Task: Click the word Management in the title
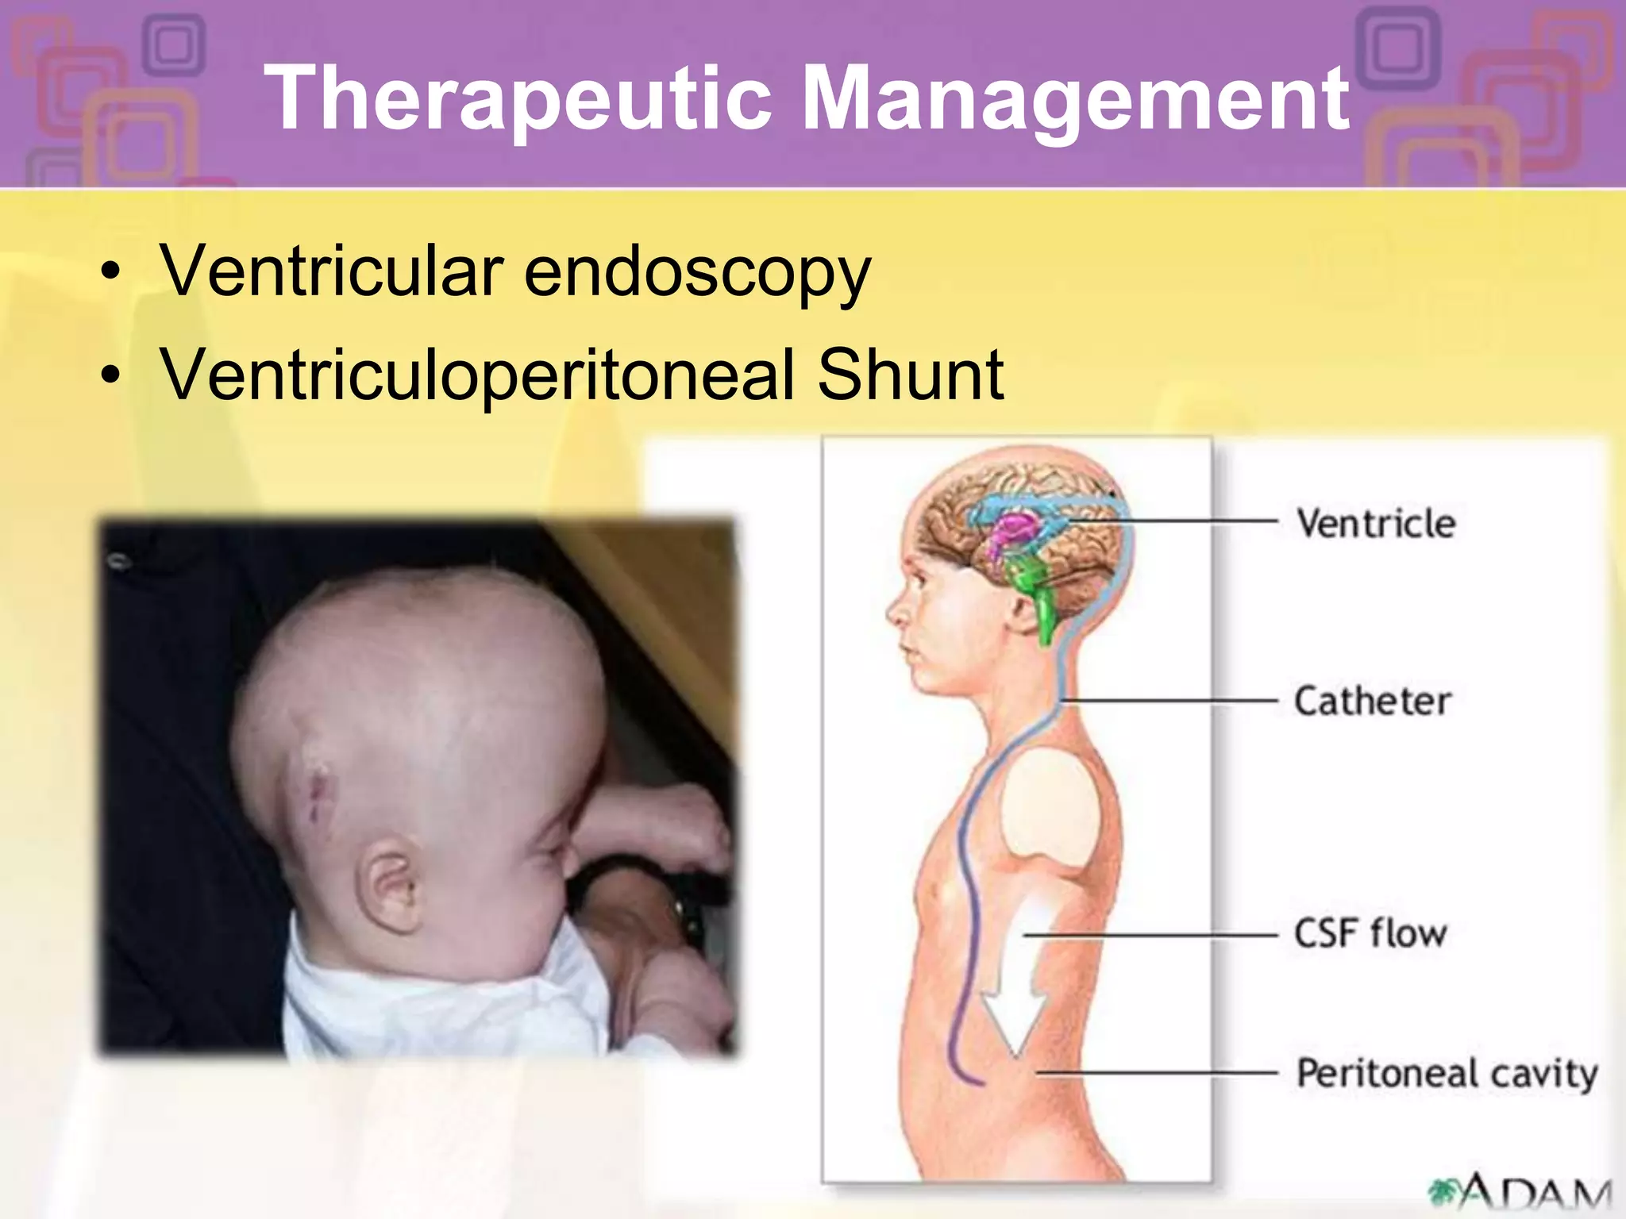[x=1075, y=98]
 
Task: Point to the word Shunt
[x=911, y=375]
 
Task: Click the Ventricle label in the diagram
[x=1376, y=524]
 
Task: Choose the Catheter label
[x=1373, y=702]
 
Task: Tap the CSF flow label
[x=1370, y=933]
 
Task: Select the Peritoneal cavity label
[x=1447, y=1074]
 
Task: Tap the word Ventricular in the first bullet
[x=332, y=271]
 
